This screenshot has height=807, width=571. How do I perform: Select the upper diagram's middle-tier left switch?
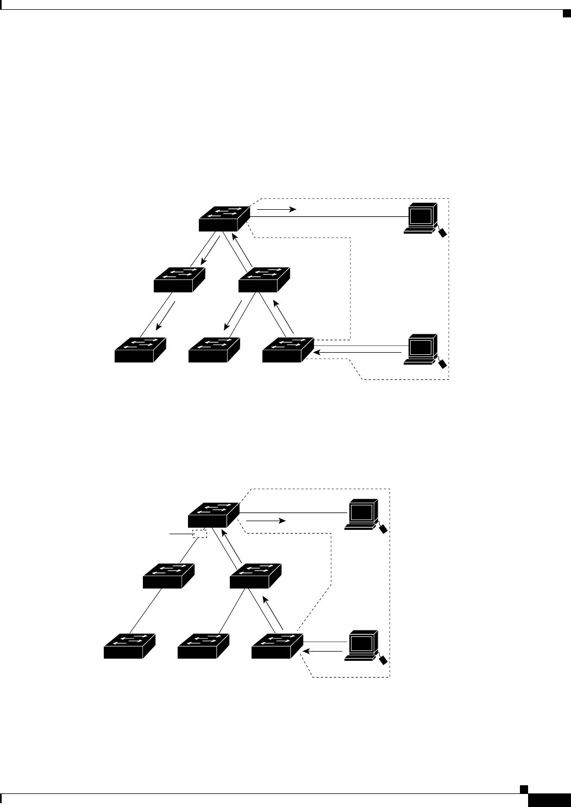pos(179,279)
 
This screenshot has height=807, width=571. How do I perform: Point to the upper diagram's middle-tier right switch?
pos(264,279)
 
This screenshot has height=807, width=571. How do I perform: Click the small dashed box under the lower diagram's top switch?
pos(200,534)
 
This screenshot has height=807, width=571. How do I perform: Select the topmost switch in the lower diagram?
pos(214,514)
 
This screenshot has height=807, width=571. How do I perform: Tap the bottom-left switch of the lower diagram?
pos(129,646)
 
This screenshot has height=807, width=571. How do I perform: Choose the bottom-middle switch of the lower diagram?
pos(204,646)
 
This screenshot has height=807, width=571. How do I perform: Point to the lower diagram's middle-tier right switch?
pos(255,576)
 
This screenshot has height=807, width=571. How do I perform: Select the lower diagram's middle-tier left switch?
pos(168,576)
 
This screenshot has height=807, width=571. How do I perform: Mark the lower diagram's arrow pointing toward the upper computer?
pos(266,521)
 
